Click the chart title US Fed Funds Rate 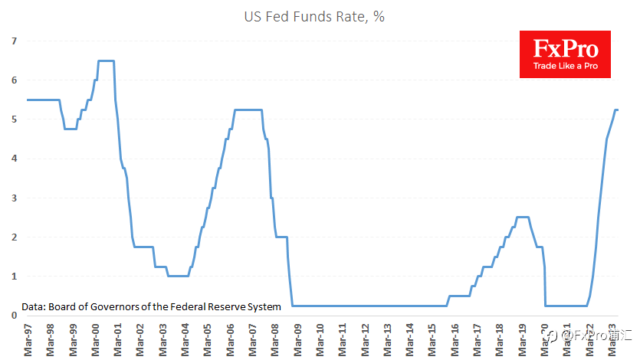314,17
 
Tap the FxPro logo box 565,54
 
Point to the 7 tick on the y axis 15,41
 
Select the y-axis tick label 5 15,119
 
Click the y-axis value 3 15,198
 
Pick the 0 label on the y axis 15,316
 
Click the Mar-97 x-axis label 28,340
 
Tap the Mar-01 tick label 117,340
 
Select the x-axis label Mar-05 208,340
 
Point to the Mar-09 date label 297,340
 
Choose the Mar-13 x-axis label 387,340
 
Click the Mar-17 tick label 478,340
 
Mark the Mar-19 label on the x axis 522,340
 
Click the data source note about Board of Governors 152,307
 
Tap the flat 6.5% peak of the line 106,61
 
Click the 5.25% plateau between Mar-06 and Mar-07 248,110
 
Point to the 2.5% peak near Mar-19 523,218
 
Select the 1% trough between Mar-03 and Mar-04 178,276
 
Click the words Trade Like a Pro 566,66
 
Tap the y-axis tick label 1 15,277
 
